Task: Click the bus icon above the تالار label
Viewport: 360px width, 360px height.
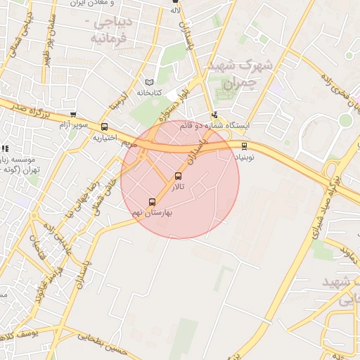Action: (x=177, y=176)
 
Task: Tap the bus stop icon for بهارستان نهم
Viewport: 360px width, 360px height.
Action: (x=153, y=202)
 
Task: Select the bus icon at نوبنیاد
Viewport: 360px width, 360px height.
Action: (x=244, y=146)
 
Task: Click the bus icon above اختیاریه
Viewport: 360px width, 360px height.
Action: (x=105, y=127)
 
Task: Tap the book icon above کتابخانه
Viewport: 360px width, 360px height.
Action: (x=148, y=82)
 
